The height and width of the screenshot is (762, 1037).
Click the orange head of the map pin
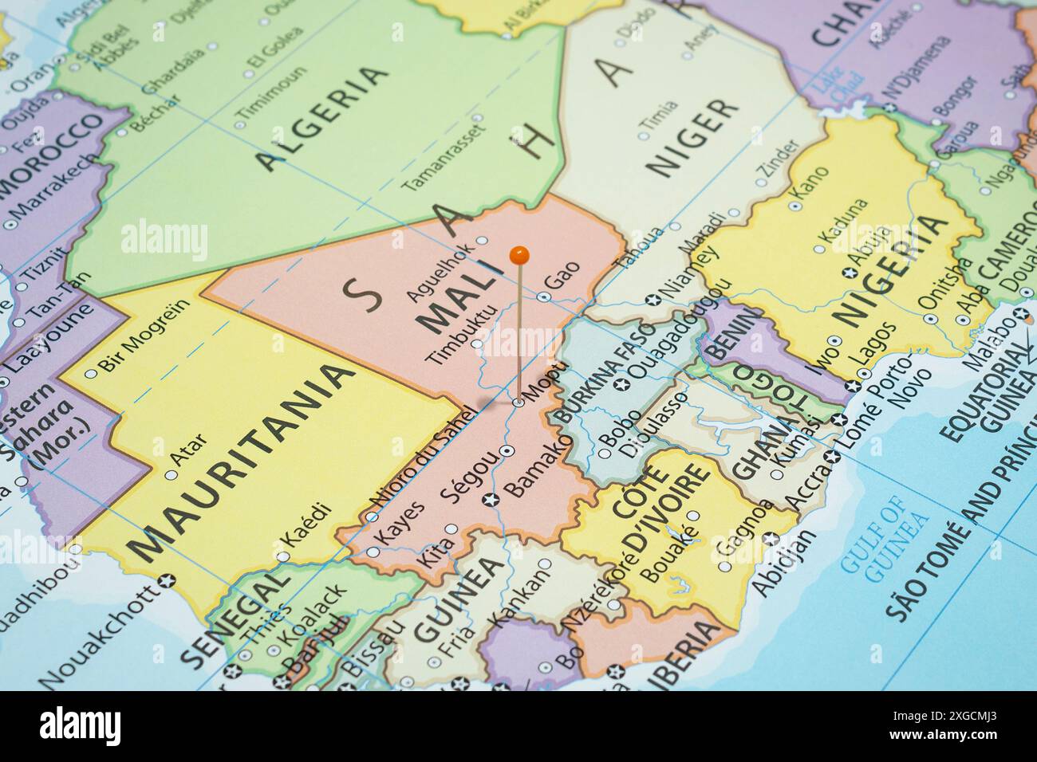[x=519, y=255]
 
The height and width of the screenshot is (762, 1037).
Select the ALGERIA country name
[x=324, y=117]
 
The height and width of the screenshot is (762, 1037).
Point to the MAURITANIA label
[x=242, y=463]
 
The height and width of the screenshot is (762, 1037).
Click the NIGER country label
[x=692, y=137]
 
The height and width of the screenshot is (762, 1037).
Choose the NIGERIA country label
[x=893, y=270]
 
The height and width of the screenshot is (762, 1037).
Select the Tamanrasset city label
[x=444, y=158]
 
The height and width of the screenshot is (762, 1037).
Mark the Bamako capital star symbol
[x=491, y=500]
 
